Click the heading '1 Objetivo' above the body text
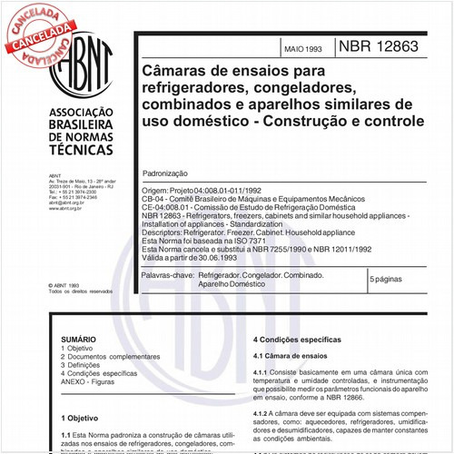pyautogui.click(x=81, y=418)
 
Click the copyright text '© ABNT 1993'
pyautogui.click(x=70, y=285)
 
